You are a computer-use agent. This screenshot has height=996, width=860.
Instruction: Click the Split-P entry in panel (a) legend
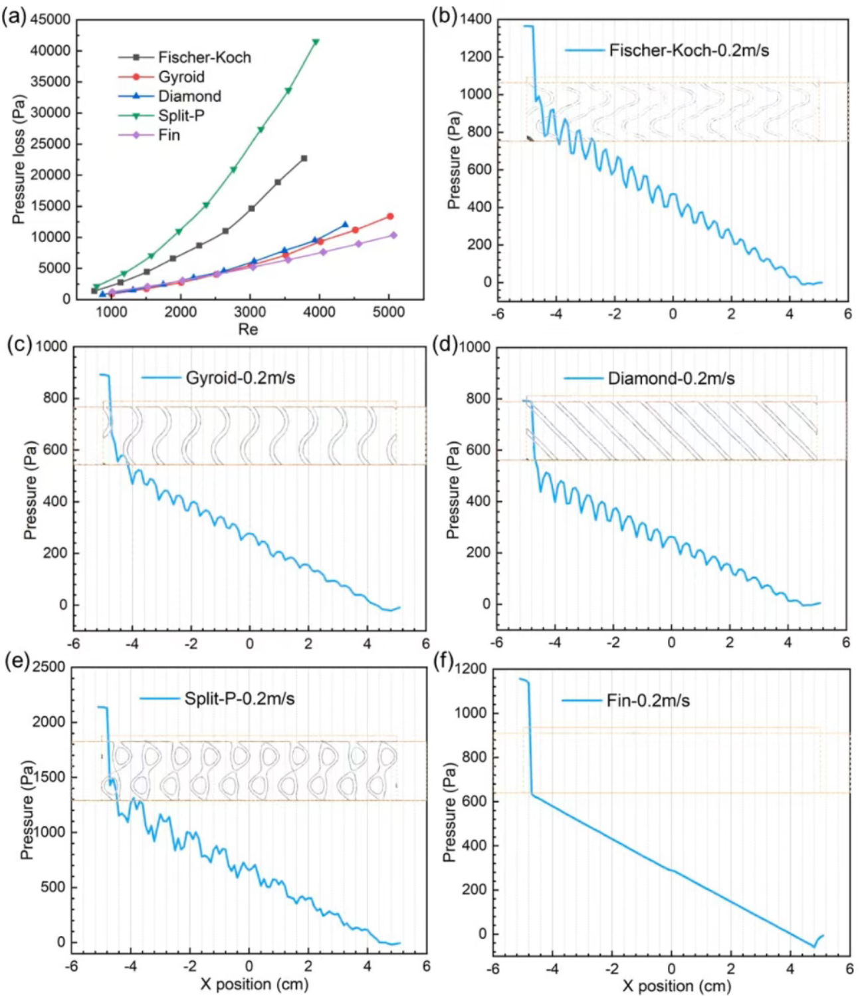pyautogui.click(x=181, y=116)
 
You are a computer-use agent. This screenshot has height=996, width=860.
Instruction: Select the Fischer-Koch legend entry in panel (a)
pyautogui.click(x=204, y=57)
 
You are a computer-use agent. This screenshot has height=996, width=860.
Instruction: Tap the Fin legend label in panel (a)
pyautogui.click(x=169, y=135)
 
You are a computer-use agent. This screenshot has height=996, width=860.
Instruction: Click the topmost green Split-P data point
pyautogui.click(x=316, y=42)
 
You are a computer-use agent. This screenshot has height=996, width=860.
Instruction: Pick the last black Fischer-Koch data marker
pyautogui.click(x=304, y=158)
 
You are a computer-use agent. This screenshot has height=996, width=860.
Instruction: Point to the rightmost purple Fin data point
pyautogui.click(x=393, y=235)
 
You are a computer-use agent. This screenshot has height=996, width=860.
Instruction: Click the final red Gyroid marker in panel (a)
pyautogui.click(x=390, y=216)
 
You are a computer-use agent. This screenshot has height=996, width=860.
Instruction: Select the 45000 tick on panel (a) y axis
pyautogui.click(x=51, y=19)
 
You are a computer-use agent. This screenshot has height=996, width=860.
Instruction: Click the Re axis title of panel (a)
pyautogui.click(x=248, y=329)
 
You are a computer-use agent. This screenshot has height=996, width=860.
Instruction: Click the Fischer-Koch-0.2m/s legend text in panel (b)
pyautogui.click(x=689, y=51)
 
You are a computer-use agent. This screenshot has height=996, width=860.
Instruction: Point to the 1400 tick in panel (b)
pyautogui.click(x=477, y=19)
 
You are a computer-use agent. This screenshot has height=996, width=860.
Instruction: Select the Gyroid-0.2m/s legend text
pyautogui.click(x=240, y=378)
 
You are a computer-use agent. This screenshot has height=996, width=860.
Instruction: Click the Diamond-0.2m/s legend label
pyautogui.click(x=671, y=379)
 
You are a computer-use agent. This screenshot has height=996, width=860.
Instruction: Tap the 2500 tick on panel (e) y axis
pyautogui.click(x=49, y=667)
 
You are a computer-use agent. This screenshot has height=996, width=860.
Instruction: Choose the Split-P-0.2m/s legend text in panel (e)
pyautogui.click(x=239, y=699)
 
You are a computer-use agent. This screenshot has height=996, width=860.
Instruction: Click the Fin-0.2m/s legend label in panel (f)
pyautogui.click(x=647, y=701)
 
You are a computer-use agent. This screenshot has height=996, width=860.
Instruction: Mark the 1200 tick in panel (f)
pyautogui.click(x=472, y=669)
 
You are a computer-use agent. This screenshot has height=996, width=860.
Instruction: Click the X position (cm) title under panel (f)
pyautogui.click(x=676, y=985)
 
